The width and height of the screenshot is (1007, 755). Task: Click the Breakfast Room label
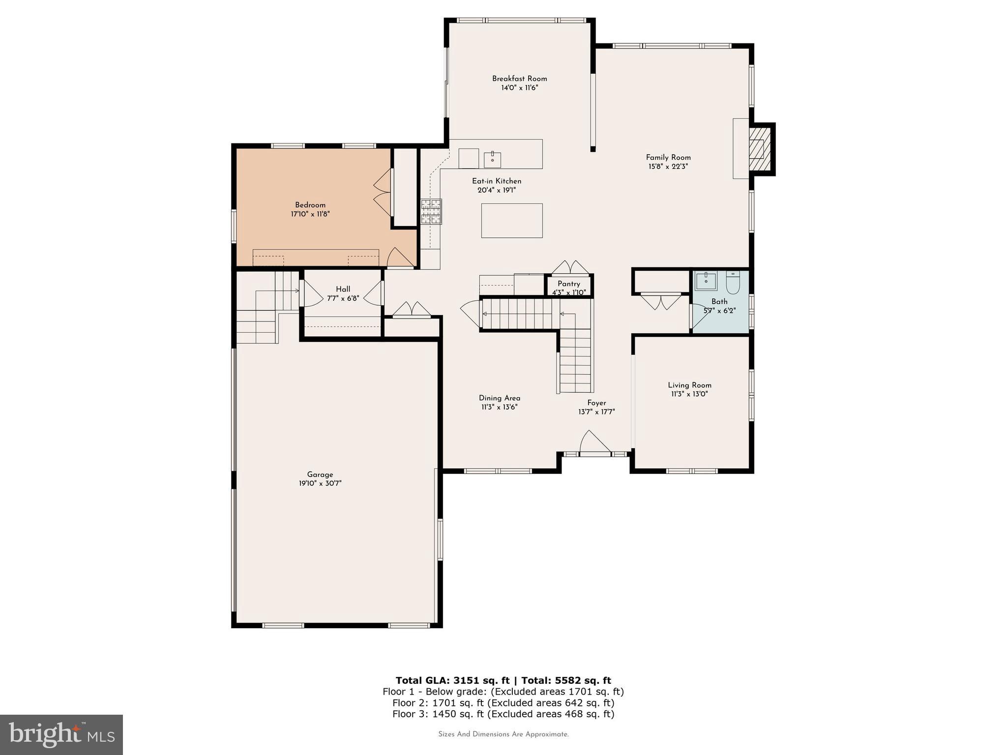[519, 79]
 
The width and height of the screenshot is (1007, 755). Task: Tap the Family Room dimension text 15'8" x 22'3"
[668, 167]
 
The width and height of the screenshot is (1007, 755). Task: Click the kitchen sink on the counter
[492, 159]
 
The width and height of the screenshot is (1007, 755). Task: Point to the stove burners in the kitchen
[431, 211]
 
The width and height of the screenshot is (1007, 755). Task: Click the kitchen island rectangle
[511, 221]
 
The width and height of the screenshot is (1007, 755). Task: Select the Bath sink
[706, 281]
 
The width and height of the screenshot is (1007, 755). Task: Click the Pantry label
[569, 284]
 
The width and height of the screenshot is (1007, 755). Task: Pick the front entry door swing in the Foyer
[594, 442]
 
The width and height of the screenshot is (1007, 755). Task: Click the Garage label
[320, 474]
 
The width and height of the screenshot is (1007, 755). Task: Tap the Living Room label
[689, 385]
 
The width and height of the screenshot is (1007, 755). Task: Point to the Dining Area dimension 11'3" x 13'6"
[499, 407]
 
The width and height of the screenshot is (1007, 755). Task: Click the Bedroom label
[310, 205]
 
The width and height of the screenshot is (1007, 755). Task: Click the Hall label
[343, 289]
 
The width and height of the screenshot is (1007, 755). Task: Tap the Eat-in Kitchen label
[497, 181]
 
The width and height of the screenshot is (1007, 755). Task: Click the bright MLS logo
[61, 734]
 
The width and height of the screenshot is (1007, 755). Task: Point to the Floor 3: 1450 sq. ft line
[503, 714]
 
